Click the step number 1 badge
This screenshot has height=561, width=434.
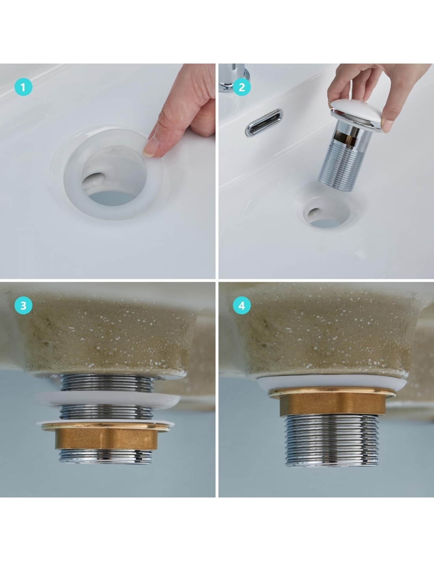[x=23, y=87]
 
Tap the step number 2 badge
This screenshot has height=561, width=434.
[x=241, y=87]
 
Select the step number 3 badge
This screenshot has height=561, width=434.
[x=23, y=305]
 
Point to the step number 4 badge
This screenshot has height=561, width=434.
[x=241, y=305]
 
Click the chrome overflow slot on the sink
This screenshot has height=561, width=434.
[x=264, y=122]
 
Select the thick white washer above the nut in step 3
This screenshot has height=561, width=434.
[x=107, y=400]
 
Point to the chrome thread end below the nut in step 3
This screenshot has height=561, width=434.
[x=106, y=456]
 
